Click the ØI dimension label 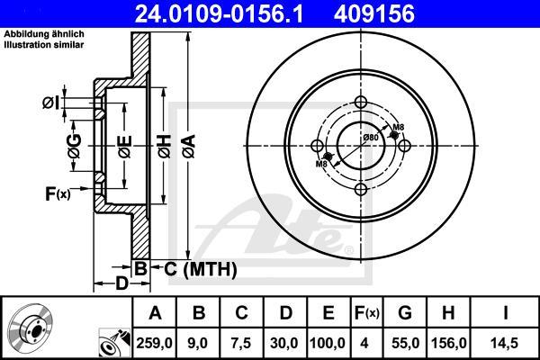point(51,103)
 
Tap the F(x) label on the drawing point(57,193)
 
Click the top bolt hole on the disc point(363,102)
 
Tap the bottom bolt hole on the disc point(363,188)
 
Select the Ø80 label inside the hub point(369,137)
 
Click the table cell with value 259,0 point(155,343)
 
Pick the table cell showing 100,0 point(328,343)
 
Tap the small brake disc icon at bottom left point(29,328)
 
